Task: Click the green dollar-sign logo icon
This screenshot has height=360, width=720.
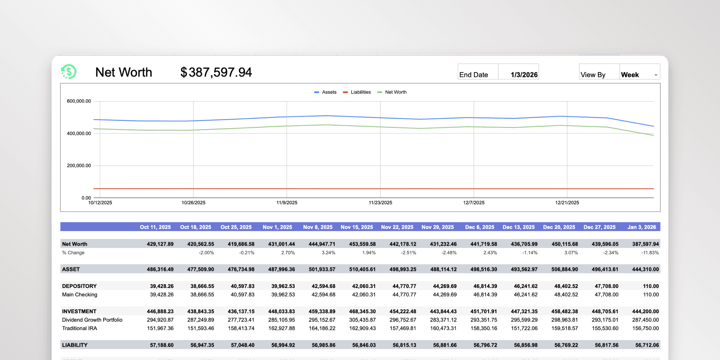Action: point(69,72)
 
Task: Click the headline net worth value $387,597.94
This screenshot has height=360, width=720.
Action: point(216,72)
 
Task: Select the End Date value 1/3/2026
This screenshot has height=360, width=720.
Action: point(524,75)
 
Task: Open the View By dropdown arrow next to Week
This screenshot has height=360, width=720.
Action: point(656,75)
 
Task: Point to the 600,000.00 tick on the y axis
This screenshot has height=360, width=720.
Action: point(79,101)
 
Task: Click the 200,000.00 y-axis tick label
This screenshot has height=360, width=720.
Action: point(79,166)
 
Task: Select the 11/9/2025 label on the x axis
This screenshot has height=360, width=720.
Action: point(287,202)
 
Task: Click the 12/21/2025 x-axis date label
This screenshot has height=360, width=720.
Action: point(567,202)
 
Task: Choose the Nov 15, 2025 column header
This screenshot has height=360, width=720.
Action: point(357,227)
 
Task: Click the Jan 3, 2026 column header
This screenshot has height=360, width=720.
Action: point(642,227)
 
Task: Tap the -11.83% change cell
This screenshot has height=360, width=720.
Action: point(650,253)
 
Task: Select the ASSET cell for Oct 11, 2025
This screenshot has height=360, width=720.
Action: point(160,269)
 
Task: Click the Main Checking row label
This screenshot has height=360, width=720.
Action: point(79,295)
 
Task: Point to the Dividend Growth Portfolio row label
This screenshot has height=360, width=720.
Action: point(92,320)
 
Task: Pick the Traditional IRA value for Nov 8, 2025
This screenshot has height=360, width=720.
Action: point(322,328)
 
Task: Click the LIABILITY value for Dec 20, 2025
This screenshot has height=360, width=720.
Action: point(565,345)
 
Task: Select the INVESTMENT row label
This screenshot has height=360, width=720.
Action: point(79,311)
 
